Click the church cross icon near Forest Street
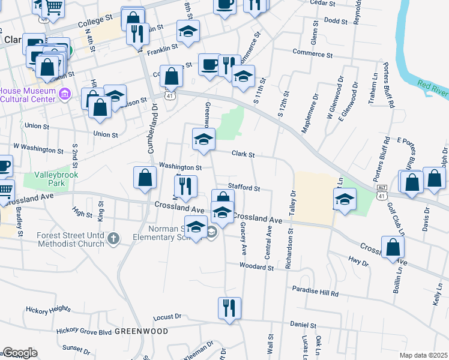tap(113, 239)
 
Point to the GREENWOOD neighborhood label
tap(141, 331)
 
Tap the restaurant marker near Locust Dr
tap(229, 308)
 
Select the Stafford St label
tap(243, 188)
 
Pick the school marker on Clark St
tap(203, 140)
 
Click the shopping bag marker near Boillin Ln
tap(393, 247)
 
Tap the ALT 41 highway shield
tap(382, 188)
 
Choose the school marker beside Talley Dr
tap(345, 200)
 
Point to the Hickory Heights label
tap(48, 310)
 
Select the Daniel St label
tap(303, 325)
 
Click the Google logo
tap(20, 353)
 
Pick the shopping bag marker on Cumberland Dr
tap(145, 178)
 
